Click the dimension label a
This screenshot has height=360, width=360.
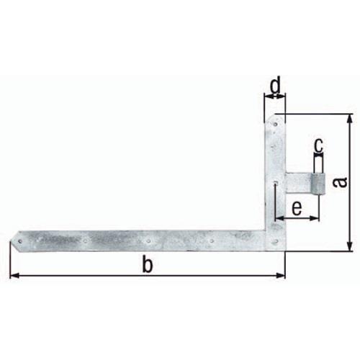341,181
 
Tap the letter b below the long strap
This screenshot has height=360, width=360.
148,264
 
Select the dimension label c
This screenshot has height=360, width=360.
318,145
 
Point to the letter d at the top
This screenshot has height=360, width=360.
275,85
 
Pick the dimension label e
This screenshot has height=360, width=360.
297,208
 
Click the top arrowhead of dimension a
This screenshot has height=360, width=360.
350,119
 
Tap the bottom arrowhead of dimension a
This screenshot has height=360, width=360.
350,246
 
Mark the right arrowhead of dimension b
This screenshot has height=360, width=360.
281,276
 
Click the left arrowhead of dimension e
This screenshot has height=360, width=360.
280,218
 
